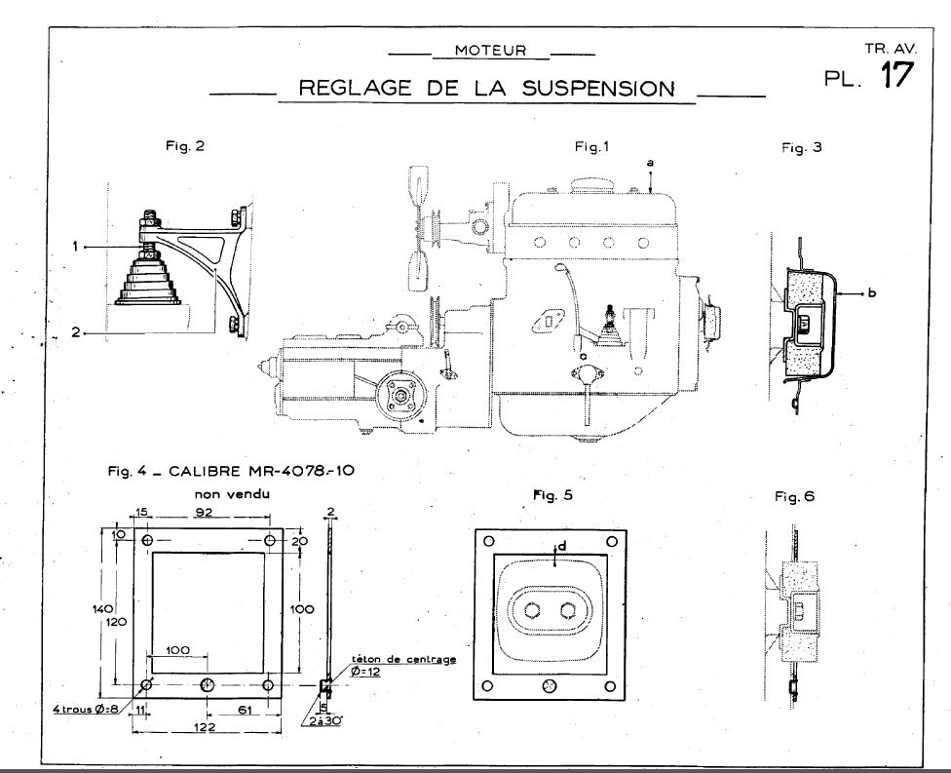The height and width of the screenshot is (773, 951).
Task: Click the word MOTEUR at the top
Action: point(491,51)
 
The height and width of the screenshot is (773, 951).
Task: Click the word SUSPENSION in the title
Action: point(598,89)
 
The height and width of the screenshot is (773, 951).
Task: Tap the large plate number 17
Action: point(896,75)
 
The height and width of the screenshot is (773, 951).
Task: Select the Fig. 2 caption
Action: point(185,146)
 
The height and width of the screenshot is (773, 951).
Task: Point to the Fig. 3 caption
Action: point(801,147)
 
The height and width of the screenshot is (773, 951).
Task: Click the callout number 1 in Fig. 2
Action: point(75,247)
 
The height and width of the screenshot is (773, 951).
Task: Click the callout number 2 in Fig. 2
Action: point(76,332)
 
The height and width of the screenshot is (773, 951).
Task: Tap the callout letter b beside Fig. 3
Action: point(871,293)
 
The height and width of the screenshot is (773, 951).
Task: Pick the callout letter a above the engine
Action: point(650,163)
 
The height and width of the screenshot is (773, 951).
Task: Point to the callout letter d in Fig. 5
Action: point(562,547)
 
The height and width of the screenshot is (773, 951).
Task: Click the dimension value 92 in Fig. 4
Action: point(204,512)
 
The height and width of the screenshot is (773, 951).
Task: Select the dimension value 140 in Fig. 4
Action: point(103,608)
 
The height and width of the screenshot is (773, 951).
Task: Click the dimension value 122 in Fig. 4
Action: point(205,726)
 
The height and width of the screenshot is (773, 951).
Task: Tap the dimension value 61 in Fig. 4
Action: point(245,710)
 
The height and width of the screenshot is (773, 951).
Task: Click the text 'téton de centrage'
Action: point(404,660)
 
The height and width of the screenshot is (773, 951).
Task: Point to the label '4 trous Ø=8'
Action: point(86,709)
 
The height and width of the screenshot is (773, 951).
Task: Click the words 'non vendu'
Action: point(232,494)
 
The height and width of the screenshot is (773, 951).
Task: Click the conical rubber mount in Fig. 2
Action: point(149,278)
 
